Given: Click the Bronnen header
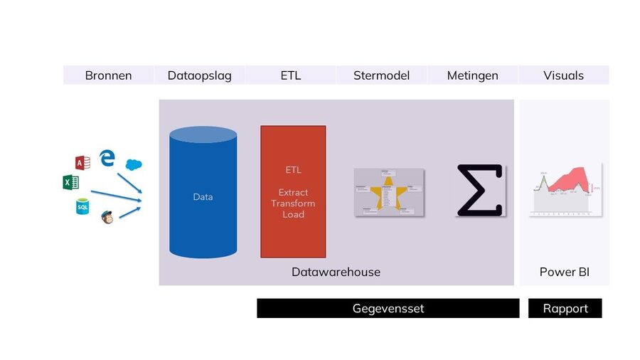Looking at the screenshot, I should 108,75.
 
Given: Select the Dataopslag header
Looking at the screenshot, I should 199,75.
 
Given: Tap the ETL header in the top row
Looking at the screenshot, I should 290,75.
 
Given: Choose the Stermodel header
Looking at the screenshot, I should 381,75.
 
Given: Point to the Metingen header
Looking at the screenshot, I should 472,75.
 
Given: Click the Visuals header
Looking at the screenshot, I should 563,75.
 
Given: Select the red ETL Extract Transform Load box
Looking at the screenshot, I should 293,191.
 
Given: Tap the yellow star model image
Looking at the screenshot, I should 388,192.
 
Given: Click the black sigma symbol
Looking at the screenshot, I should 480,190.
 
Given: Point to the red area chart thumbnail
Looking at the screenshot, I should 564,191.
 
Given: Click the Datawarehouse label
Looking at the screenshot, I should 336,272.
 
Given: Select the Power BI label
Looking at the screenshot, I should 564,272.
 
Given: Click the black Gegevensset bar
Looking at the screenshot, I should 388,308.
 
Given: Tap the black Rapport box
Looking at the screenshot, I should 565,308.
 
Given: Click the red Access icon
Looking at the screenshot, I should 82,162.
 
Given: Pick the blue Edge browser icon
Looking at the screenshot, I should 107,157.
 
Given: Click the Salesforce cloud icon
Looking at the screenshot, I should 134,164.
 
